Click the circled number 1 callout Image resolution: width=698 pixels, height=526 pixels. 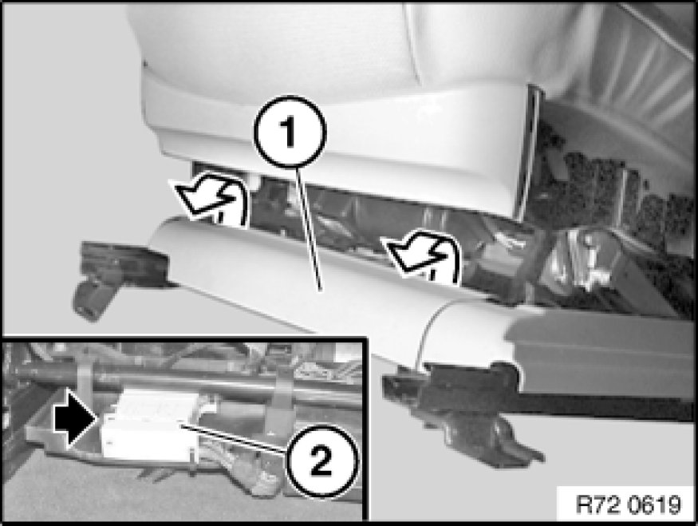pos(290,132)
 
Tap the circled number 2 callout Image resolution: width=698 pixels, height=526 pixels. pos(321,461)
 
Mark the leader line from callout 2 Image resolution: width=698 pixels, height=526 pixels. pos(233,439)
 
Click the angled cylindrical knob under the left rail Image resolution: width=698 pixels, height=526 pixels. pos(93,301)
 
